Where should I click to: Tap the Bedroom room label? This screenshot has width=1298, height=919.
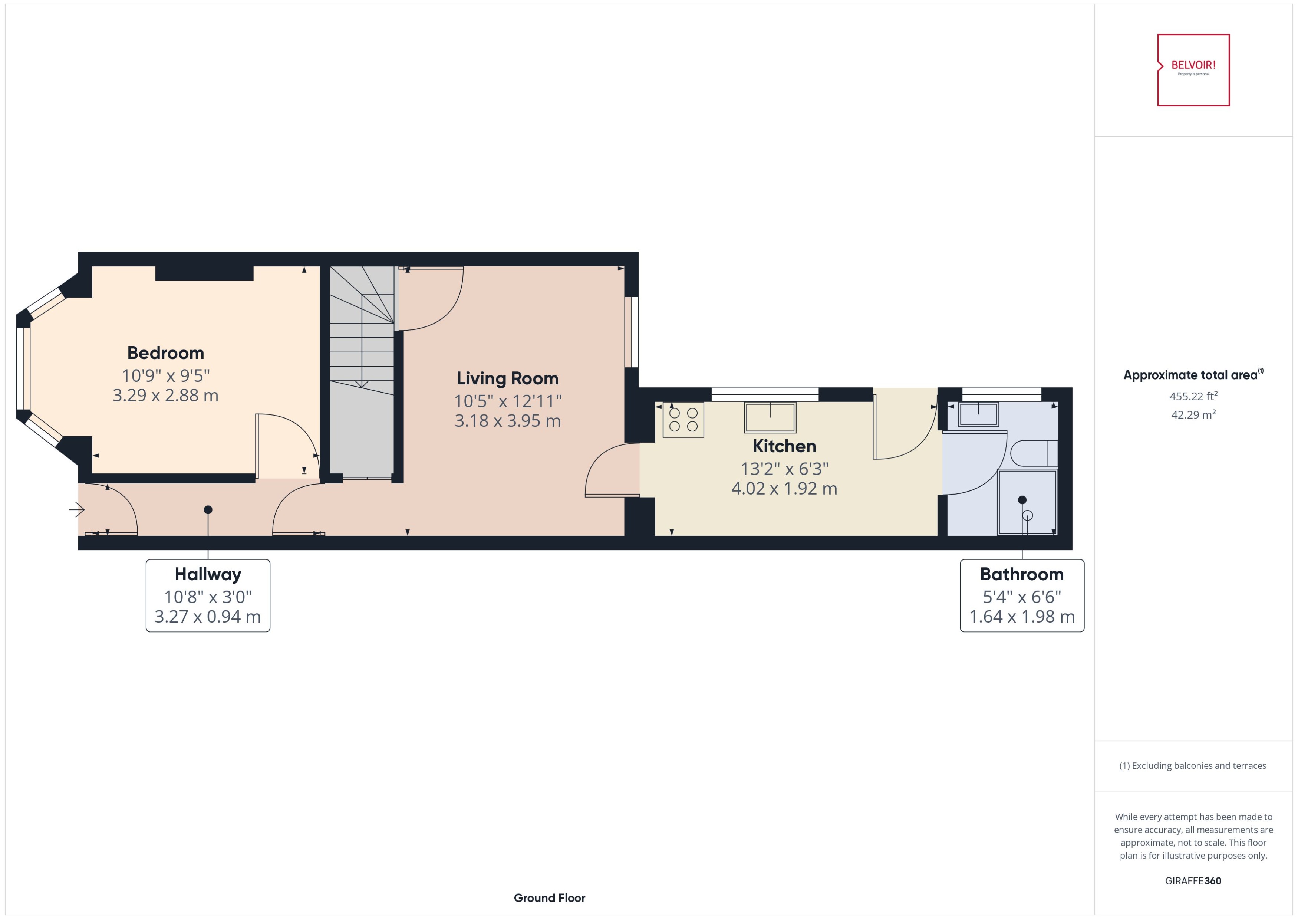point(166,353)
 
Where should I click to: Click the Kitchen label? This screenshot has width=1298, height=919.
point(784,446)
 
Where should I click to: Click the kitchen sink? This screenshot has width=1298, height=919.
point(770,418)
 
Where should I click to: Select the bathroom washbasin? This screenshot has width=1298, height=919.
point(978,414)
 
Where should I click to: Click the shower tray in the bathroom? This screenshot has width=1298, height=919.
point(1027,502)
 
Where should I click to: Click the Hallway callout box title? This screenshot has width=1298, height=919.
point(208,574)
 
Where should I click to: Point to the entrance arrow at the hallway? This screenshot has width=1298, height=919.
point(77,510)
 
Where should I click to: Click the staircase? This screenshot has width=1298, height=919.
point(362,362)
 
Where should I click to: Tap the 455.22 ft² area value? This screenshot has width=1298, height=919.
point(1193,396)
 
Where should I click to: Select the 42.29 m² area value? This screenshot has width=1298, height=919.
point(1193,415)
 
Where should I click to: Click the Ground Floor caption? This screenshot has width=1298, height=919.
point(549,898)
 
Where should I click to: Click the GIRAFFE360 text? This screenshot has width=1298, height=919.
point(1193,881)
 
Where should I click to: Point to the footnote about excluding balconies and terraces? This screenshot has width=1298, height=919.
point(1192,766)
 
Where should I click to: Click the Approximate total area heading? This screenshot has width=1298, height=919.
point(1190,375)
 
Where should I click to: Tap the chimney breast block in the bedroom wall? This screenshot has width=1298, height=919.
point(204,273)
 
